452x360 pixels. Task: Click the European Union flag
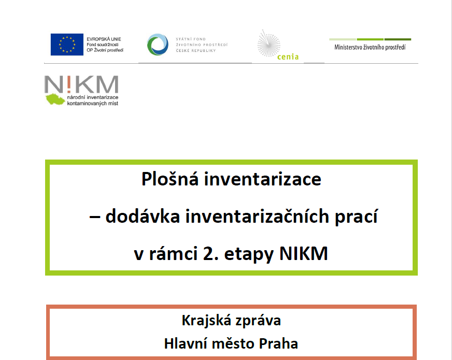tap(67, 45)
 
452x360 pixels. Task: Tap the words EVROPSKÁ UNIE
tap(104, 39)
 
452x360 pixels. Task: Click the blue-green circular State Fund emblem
tap(158, 45)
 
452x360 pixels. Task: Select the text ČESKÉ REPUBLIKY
tap(196, 51)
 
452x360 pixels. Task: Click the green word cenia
tap(288, 57)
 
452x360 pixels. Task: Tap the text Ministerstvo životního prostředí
tap(370, 47)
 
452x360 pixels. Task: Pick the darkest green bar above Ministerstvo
tap(398, 39)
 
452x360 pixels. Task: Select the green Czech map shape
tap(55, 99)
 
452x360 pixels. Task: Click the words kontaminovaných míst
tap(93, 104)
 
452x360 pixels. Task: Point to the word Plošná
tap(170, 179)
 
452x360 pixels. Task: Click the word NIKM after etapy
tap(304, 254)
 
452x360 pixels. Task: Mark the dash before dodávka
tap(95, 217)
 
